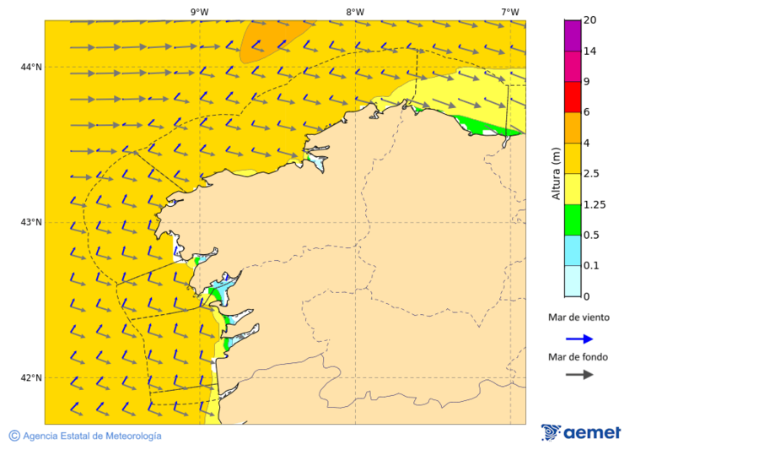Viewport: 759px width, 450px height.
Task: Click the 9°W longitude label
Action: [199, 12]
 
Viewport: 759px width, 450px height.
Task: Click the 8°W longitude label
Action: [355, 12]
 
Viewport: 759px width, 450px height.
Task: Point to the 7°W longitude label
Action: [510, 12]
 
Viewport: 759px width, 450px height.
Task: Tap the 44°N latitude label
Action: [31, 67]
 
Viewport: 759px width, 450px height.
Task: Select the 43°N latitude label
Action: [31, 222]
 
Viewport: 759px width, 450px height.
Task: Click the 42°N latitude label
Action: [31, 377]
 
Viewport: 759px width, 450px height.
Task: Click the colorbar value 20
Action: [590, 20]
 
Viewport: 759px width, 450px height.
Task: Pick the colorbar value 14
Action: [590, 52]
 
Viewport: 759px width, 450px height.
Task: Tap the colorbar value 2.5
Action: [592, 174]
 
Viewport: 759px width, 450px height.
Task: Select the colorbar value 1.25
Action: [595, 204]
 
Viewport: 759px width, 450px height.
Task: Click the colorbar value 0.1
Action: [592, 266]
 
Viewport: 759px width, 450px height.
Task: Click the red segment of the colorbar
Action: [573, 97]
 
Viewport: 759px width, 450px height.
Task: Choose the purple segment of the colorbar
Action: [573, 35]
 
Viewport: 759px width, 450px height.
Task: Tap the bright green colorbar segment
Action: [573, 220]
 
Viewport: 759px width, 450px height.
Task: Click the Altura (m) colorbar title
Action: [556, 173]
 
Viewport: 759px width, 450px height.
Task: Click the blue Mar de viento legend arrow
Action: [579, 339]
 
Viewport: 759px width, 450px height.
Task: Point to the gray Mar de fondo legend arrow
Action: [579, 375]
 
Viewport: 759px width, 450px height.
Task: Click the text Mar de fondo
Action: [578, 357]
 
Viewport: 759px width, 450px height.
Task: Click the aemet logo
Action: [581, 432]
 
